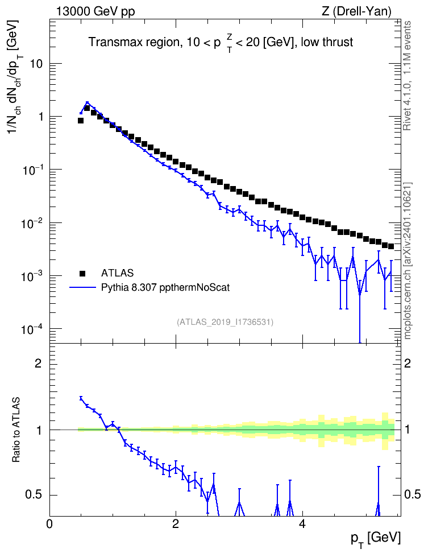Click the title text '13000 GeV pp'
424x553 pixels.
(x=95, y=11)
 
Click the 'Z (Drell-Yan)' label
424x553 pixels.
(x=356, y=11)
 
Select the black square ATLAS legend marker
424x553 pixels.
(x=82, y=273)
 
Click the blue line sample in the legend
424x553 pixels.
(x=82, y=287)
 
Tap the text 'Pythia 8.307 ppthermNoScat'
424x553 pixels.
(x=165, y=287)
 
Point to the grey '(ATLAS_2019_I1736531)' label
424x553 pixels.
(x=225, y=321)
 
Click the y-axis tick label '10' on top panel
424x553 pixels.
(x=36, y=64)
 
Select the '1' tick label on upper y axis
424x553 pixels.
(x=40, y=117)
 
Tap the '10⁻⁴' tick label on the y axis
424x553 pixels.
(x=32, y=329)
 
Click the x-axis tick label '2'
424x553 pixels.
(x=176, y=523)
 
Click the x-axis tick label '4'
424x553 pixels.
(x=302, y=523)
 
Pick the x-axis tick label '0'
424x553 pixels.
(x=49, y=523)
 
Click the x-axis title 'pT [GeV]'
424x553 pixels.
(x=376, y=539)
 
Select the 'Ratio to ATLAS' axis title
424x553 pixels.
(x=16, y=430)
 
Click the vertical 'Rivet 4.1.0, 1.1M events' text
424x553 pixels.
(x=407, y=76)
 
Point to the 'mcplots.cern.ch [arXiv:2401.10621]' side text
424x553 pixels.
(x=407, y=261)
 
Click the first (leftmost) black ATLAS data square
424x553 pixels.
(x=81, y=121)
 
